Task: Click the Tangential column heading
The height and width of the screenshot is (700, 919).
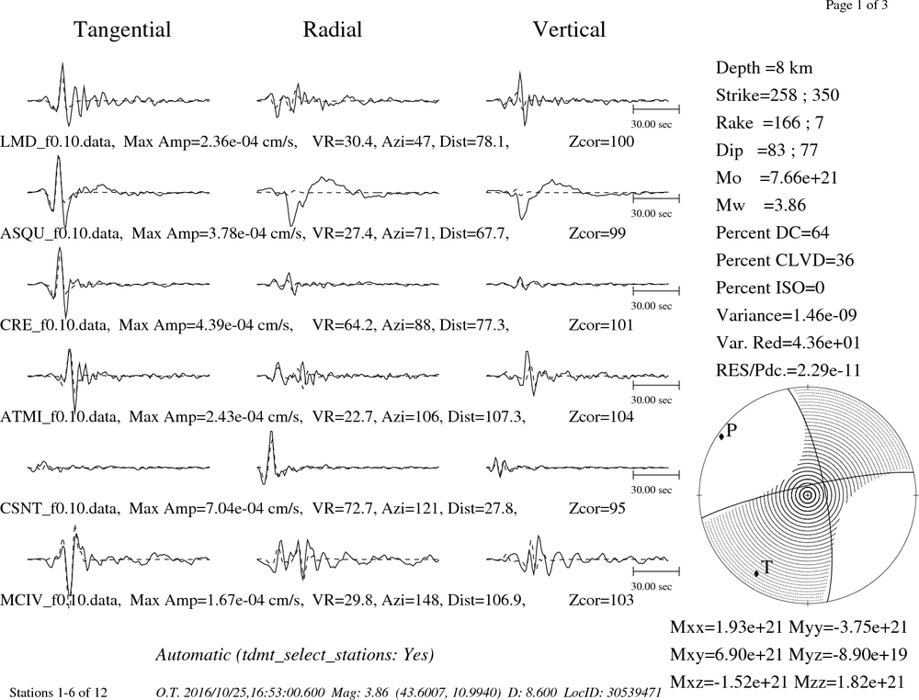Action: tap(122, 30)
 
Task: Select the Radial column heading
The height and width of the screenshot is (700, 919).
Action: tap(333, 29)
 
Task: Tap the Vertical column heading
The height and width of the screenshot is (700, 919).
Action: tap(569, 29)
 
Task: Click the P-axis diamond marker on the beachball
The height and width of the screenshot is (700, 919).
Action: tap(720, 436)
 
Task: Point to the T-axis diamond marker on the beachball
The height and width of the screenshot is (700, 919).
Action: tap(756, 573)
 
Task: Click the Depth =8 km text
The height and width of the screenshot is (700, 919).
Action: tap(765, 68)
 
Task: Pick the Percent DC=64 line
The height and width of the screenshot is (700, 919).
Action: tap(773, 232)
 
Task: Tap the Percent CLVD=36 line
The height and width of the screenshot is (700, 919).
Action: tap(785, 260)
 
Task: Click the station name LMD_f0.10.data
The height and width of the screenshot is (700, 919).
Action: tap(57, 141)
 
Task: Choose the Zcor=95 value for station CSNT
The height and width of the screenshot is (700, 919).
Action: tap(597, 508)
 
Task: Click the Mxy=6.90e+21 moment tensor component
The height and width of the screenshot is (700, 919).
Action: tap(727, 654)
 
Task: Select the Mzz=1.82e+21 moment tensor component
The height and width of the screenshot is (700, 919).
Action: tap(850, 682)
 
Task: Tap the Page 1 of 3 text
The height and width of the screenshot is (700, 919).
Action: tap(857, 6)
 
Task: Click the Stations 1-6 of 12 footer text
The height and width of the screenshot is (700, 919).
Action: tap(59, 693)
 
